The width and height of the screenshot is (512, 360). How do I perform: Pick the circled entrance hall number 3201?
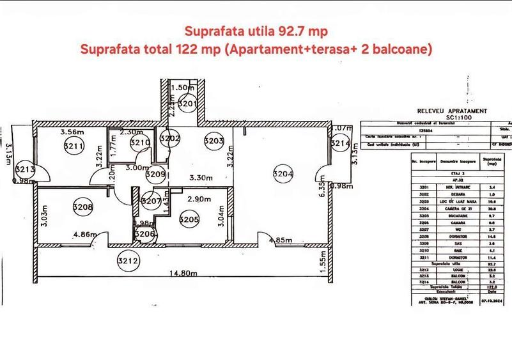tap(187, 102)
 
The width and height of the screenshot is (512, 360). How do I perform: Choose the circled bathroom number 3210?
tap(139, 143)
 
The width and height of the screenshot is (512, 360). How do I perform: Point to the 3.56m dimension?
tap(72, 132)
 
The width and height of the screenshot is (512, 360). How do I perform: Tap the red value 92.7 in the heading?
tap(291, 30)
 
